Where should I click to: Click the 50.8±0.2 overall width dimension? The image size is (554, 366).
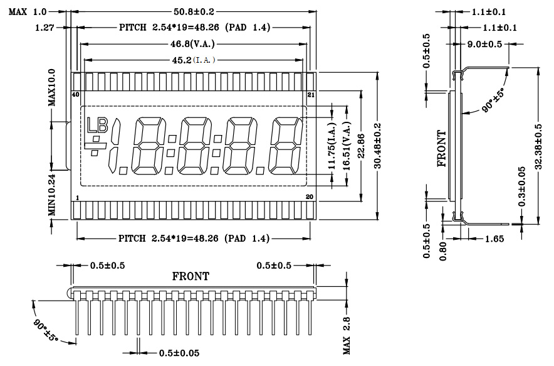[194, 12]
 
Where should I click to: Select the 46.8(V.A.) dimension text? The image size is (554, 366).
[192, 44]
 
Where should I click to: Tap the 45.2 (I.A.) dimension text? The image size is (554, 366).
[194, 60]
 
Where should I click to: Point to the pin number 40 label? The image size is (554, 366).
[75, 95]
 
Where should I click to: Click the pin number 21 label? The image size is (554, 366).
[311, 95]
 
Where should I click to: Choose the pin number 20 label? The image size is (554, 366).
[310, 196]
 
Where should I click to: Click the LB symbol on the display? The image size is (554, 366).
[98, 125]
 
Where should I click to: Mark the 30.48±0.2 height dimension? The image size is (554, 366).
[377, 146]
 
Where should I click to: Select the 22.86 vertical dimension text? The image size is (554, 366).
[361, 146]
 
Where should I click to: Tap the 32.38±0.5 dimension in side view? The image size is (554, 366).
[538, 146]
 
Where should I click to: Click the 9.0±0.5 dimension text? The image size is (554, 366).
[484, 44]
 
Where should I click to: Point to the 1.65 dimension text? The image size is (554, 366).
[494, 239]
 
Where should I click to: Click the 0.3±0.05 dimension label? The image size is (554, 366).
[522, 186]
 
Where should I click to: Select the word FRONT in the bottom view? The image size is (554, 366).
[191, 276]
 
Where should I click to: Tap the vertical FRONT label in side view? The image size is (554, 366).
[442, 149]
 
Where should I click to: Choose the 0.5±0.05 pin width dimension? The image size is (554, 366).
[179, 353]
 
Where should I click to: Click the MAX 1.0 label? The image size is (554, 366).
[28, 12]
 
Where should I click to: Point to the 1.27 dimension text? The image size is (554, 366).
[44, 27]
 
